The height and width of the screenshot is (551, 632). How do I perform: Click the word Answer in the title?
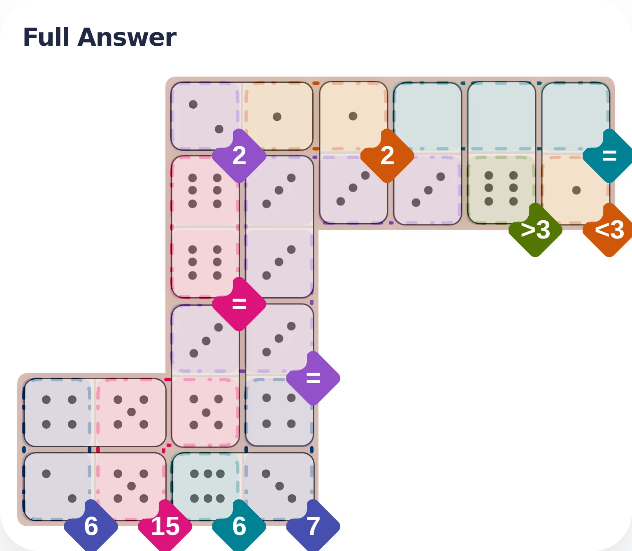pyautogui.click(x=127, y=37)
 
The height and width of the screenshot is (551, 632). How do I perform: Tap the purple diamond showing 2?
pyautogui.click(x=239, y=155)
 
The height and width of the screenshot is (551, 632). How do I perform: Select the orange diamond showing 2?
pyautogui.click(x=387, y=155)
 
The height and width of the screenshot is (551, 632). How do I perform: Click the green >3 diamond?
pyautogui.click(x=535, y=230)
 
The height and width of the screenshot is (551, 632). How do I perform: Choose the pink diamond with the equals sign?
pyautogui.click(x=239, y=304)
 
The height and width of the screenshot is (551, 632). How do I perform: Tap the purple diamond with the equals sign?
pyautogui.click(x=313, y=378)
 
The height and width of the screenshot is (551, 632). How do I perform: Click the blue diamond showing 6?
pyautogui.click(x=91, y=525)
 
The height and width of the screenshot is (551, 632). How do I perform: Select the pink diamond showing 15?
pyautogui.click(x=165, y=525)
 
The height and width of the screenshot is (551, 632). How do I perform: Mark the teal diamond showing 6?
pyautogui.click(x=239, y=525)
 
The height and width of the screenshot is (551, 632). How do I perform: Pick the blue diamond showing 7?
pyautogui.click(x=313, y=525)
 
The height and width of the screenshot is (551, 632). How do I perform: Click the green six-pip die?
pyautogui.click(x=501, y=189)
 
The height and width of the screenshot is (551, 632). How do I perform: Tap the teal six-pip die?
pyautogui.click(x=205, y=486)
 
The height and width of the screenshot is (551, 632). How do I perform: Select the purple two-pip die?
pyautogui.click(x=205, y=116)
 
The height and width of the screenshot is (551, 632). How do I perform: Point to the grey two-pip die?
pyautogui.click(x=58, y=486)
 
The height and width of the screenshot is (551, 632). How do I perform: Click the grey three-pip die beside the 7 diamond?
pyautogui.click(x=279, y=486)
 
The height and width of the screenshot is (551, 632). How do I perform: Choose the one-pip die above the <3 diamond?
pyautogui.click(x=576, y=190)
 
